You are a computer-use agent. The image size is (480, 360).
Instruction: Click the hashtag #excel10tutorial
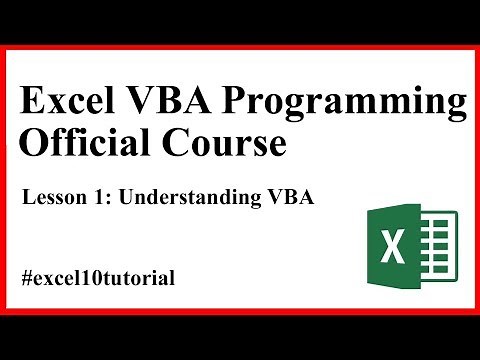tap(98, 277)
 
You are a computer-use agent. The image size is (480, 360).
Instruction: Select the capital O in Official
tap(34, 145)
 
